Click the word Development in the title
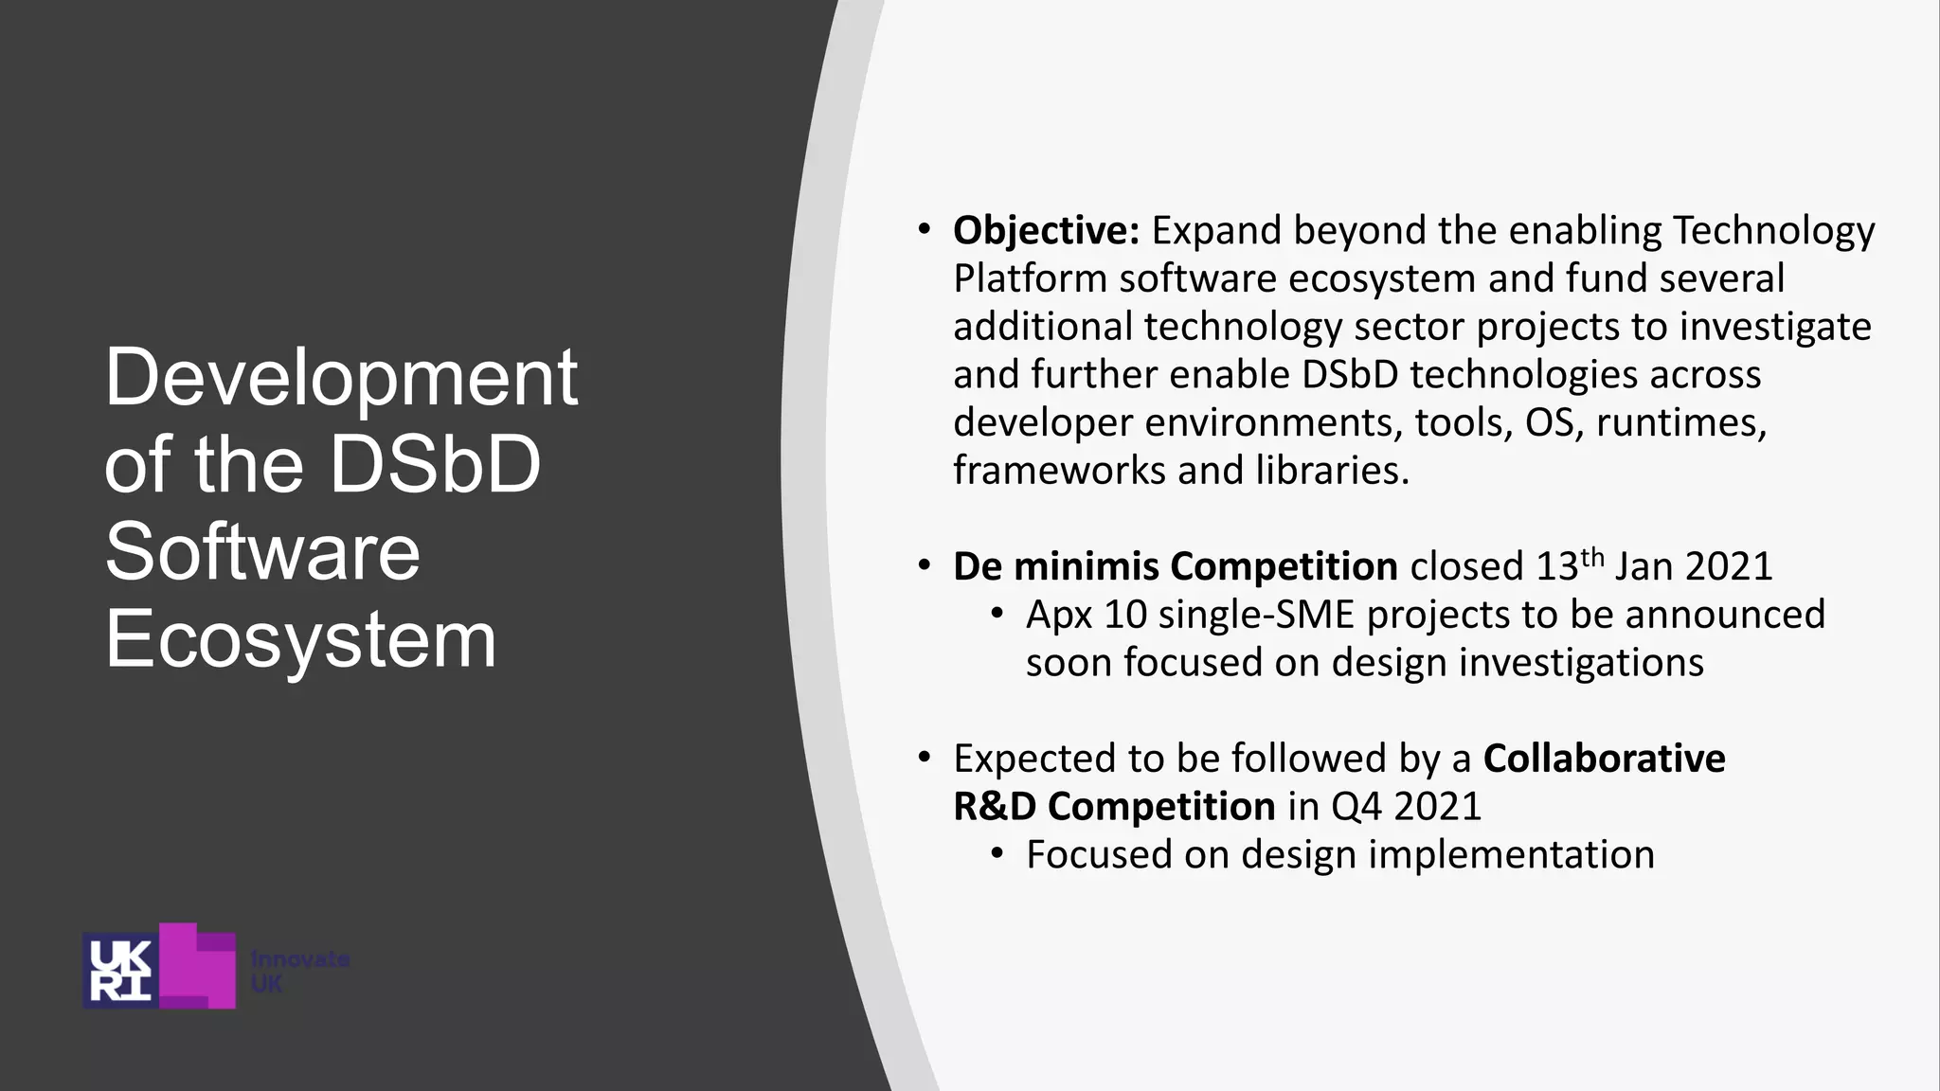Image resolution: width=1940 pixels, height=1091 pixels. tap(341, 378)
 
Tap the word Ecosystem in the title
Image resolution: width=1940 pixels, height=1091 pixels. tap(300, 640)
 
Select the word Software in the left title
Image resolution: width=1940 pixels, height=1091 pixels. tap(262, 552)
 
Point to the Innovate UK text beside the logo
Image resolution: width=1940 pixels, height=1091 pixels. tap(299, 972)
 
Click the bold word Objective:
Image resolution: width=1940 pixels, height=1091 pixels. tap(1046, 231)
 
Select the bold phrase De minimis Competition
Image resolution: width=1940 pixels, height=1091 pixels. tap(1175, 566)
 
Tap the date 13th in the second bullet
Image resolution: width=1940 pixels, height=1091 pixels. tap(1570, 566)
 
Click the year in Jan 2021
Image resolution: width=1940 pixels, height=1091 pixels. tap(1729, 566)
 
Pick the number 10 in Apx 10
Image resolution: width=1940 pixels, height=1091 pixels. tap(1125, 615)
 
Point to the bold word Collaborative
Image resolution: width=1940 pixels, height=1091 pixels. tap(1604, 759)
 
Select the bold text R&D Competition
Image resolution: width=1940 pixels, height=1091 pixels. tap(1114, 807)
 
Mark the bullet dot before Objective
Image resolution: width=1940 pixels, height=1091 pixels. tap(925, 230)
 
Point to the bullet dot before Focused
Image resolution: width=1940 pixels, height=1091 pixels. tap(997, 854)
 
